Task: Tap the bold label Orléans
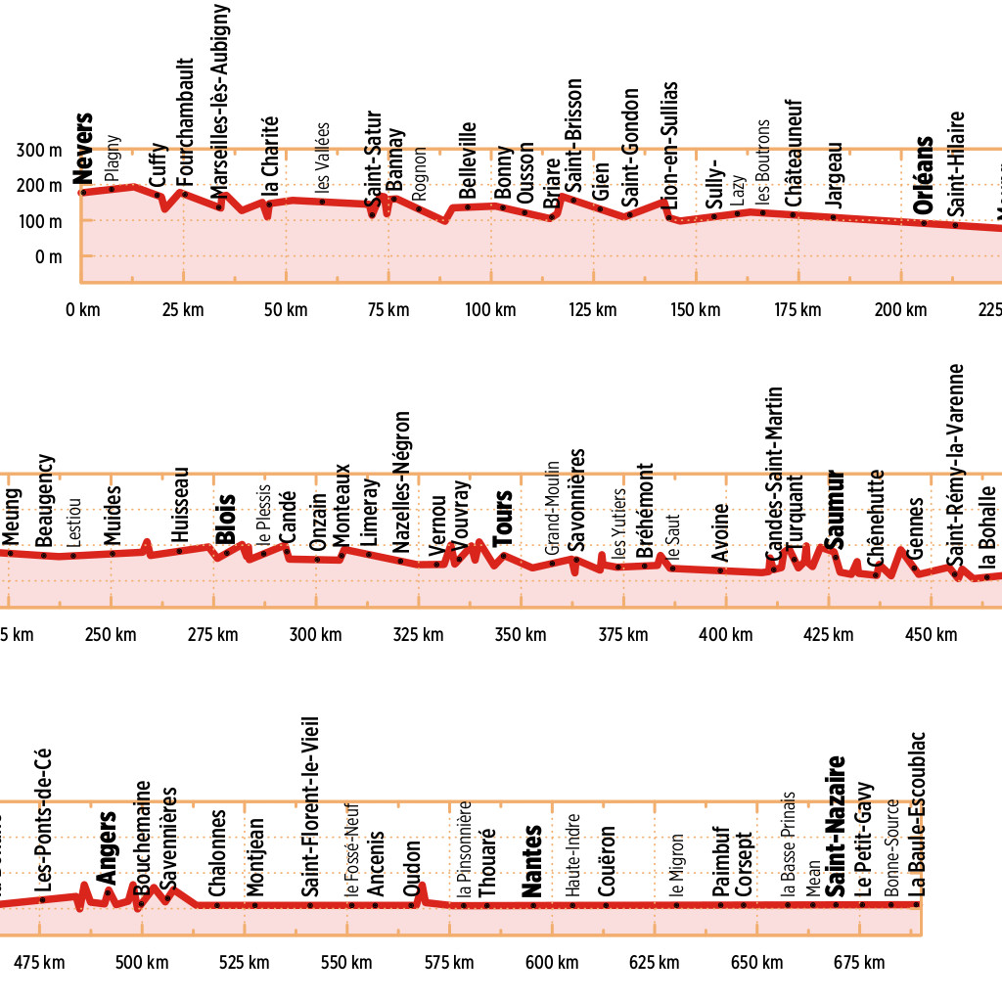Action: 922,182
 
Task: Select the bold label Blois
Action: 226,519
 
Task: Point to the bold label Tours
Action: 503,518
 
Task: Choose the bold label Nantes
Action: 532,862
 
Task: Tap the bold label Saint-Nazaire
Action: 835,827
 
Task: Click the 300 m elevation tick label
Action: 40,151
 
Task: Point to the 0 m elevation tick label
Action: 48,256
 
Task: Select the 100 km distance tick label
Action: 490,311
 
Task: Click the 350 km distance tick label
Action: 521,635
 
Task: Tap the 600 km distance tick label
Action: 552,963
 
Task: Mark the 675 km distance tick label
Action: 861,963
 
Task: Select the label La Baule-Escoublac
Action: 917,813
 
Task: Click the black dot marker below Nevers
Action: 83,192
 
